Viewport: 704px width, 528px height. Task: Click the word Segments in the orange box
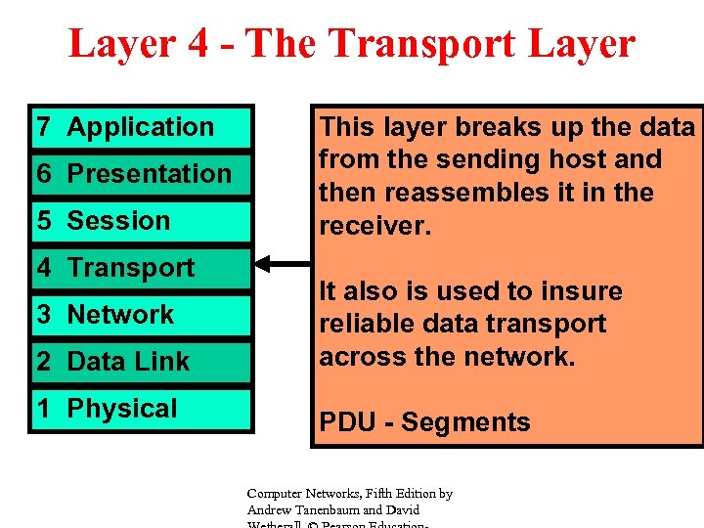(465, 422)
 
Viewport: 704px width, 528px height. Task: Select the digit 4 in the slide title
(198, 44)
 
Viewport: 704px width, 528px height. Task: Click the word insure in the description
(581, 291)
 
